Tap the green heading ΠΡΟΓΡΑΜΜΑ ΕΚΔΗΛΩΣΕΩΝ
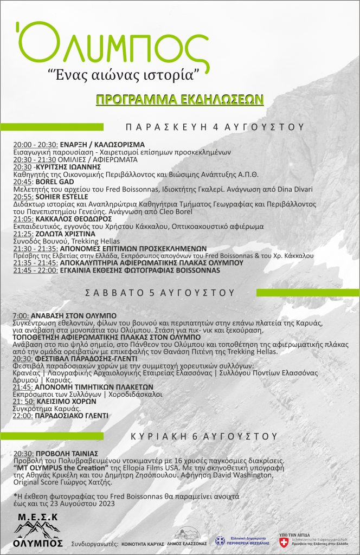click(x=172, y=99)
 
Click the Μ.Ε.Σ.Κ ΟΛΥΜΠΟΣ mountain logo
click(x=37, y=526)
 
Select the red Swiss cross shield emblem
click(x=283, y=541)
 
